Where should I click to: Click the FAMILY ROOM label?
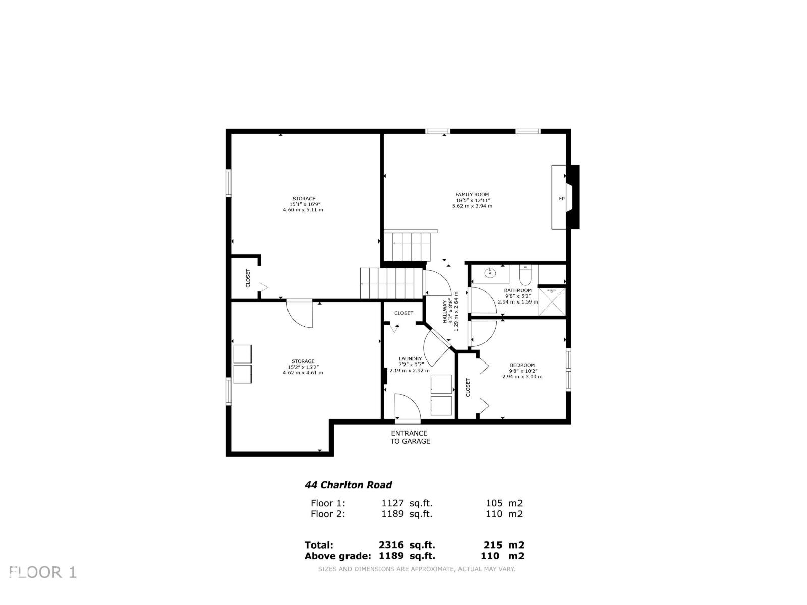(x=472, y=194)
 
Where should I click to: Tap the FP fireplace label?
(x=561, y=199)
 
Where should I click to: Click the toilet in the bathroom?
(x=525, y=275)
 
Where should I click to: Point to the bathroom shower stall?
(x=552, y=301)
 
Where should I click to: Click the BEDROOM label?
(x=522, y=365)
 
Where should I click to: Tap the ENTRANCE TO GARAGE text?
(x=410, y=437)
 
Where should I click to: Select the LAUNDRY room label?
(x=410, y=359)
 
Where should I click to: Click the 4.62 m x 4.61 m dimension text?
(x=303, y=373)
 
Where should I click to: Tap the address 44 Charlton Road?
(x=348, y=485)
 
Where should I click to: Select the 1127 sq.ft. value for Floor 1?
(x=407, y=503)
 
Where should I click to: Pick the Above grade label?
(x=337, y=556)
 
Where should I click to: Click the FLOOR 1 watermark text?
(x=43, y=572)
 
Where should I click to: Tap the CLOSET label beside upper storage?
(x=248, y=278)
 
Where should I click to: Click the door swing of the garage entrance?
(x=408, y=406)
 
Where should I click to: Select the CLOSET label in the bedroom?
(x=468, y=387)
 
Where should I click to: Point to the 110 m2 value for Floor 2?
(x=504, y=514)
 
